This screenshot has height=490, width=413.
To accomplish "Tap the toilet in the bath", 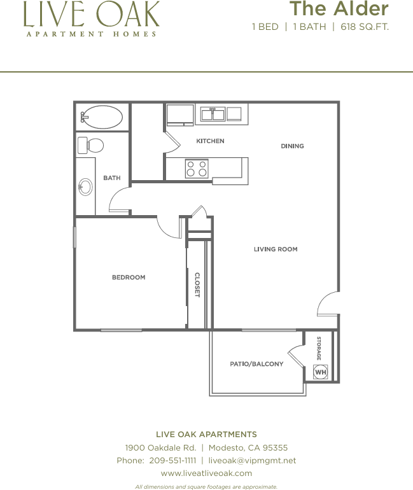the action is click(90, 145).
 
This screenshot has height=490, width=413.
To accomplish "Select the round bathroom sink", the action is click(85, 186).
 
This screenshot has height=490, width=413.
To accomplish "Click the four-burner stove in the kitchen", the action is click(197, 169).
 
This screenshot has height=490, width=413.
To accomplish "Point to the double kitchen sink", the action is click(213, 115).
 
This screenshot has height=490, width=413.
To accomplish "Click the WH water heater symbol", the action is click(321, 372).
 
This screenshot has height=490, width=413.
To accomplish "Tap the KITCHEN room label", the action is click(210, 141).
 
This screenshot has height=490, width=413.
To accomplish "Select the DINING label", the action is click(293, 146).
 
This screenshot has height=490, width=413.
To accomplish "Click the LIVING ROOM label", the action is click(276, 249).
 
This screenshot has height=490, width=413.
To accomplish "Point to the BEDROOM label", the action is click(129, 277).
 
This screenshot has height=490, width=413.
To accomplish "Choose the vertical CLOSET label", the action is click(197, 284).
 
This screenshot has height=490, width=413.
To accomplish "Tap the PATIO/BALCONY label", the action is click(257, 364).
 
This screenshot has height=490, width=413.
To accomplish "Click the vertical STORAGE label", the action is click(319, 348).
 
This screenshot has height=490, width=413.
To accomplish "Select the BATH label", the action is click(112, 178).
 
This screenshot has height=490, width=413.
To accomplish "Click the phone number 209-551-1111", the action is click(172, 460).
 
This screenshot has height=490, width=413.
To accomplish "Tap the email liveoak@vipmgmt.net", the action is click(252, 460).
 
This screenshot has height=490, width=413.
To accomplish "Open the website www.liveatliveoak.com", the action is click(206, 473).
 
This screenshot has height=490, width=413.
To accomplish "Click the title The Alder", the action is click(339, 8).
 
